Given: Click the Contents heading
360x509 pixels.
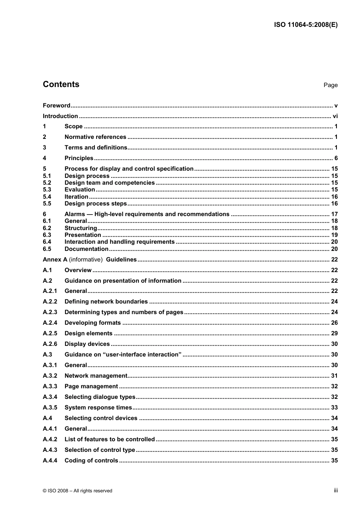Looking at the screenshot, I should [61, 84].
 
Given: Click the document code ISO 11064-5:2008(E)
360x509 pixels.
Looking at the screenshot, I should [305, 25].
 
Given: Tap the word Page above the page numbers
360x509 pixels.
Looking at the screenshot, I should [330, 85].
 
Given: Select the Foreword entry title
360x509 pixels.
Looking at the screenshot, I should [56, 106].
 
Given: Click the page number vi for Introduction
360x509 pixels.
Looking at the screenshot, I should [335, 116].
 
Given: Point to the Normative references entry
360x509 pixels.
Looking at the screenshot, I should [95, 137].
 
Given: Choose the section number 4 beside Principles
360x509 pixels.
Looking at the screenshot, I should [44, 158].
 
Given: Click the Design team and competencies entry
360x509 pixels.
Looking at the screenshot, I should [110, 183].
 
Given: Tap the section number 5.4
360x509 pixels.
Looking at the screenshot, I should [47, 197].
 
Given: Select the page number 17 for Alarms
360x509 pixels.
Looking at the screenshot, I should [334, 214].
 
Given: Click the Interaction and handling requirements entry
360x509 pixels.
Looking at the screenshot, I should [119, 242].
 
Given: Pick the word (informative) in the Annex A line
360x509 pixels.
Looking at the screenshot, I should [86, 260].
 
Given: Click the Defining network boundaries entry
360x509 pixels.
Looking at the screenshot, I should [106, 302].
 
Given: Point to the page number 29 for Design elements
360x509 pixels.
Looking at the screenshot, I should [334, 333].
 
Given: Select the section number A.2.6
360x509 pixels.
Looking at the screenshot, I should [50, 344].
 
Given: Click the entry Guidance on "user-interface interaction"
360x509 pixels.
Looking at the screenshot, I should [123, 355].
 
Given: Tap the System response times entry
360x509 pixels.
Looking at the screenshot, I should [98, 408].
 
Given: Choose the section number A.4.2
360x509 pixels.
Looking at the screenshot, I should [50, 439].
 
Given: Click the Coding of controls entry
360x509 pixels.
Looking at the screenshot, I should [91, 461].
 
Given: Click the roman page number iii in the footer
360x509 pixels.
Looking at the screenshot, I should [335, 490].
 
